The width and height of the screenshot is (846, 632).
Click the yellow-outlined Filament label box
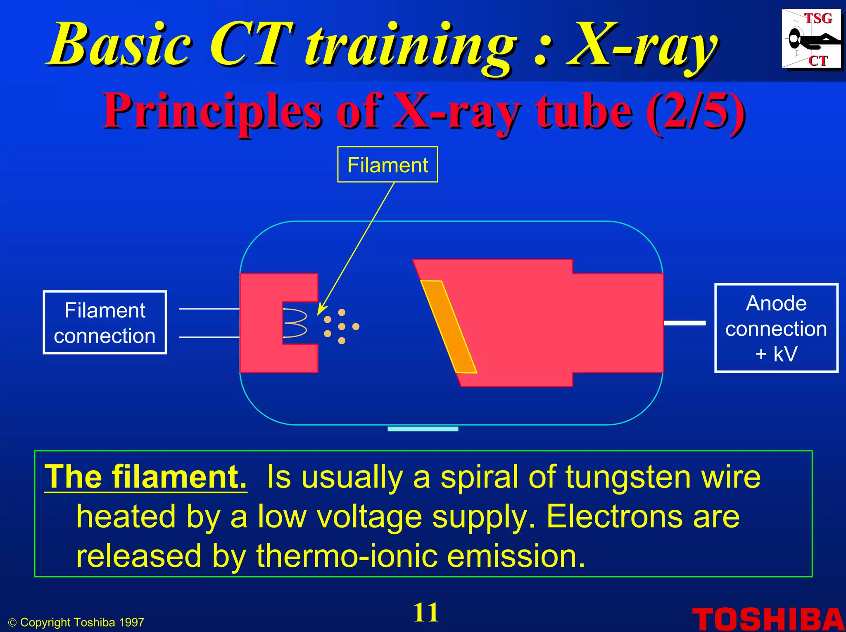pos(387,165)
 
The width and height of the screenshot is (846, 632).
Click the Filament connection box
pos(105,322)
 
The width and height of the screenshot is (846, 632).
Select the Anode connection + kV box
pos(776,328)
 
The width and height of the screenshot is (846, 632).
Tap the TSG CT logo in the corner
pos(811,39)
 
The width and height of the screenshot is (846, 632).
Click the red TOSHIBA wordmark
pos(768,619)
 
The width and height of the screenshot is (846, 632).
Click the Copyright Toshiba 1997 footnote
pos(77,622)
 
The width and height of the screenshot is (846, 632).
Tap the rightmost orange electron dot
pos(356,327)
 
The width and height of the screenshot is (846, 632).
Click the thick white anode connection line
pos(684,323)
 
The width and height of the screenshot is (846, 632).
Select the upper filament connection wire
pos(209,309)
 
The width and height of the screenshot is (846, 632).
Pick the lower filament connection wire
pos(209,337)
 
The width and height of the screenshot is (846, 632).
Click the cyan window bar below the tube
pos(423,429)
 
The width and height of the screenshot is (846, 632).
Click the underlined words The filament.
pos(145,477)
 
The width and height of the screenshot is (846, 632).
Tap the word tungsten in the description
pos(628,477)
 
